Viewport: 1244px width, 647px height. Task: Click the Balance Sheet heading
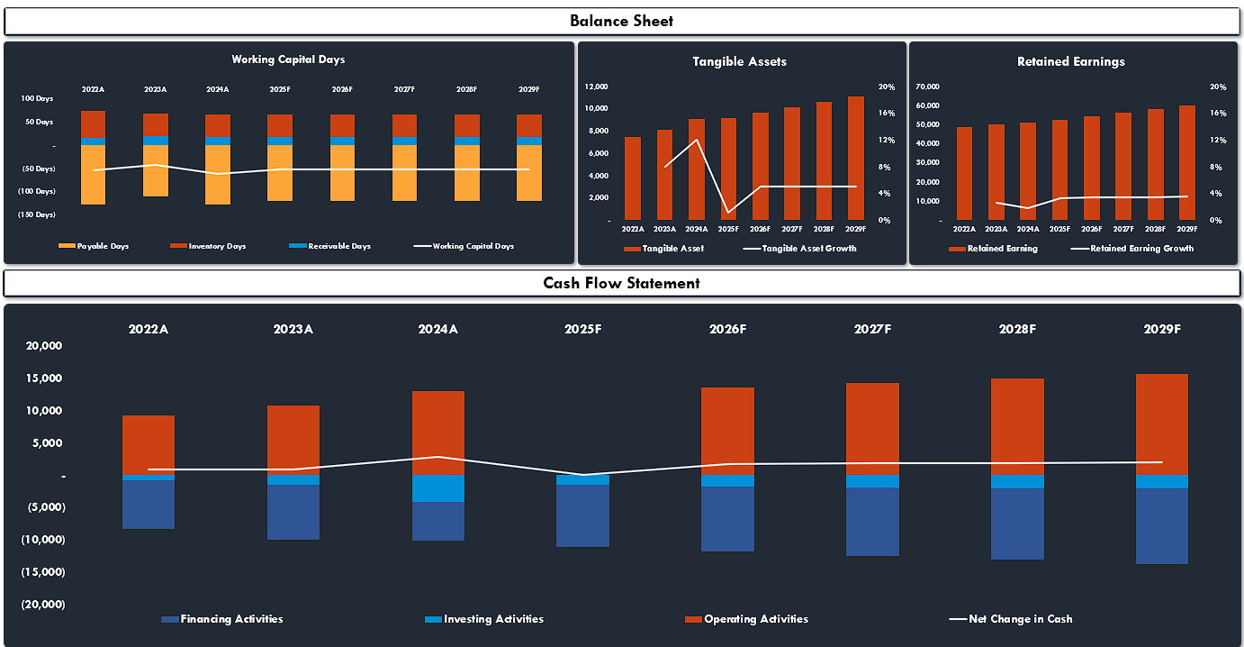621,21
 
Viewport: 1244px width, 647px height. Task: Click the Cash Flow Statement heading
621,283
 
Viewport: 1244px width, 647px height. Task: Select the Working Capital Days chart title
288,59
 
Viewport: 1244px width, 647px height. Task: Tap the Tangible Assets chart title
739,61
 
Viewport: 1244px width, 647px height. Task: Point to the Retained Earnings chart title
1070,61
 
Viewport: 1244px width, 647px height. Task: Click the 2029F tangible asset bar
856,158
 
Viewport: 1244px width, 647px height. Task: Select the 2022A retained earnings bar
964,173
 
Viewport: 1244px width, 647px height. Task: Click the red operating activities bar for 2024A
438,433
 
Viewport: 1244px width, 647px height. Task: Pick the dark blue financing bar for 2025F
583,515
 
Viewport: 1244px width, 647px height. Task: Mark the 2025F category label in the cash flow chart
583,329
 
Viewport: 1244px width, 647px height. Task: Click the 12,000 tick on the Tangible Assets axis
595,87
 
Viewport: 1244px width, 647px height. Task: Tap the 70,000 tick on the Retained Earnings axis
927,87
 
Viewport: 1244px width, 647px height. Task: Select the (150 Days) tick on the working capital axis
37,214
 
